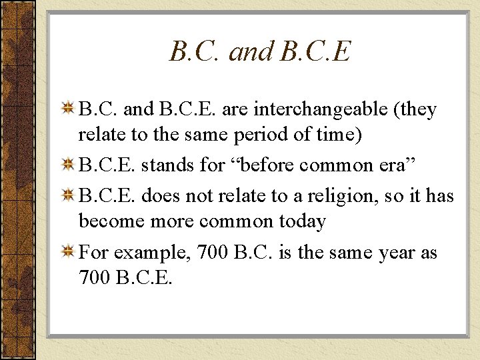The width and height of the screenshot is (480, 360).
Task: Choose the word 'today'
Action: click(x=301, y=221)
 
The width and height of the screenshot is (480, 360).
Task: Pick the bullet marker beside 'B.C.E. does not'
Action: click(x=68, y=195)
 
